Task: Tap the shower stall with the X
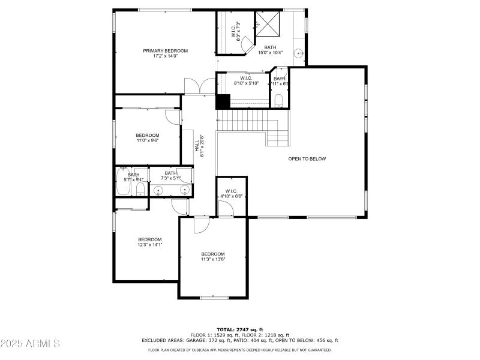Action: pos(267,25)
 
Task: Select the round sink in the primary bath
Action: pos(298,54)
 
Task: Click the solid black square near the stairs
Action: pos(223,102)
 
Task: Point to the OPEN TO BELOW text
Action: pos(307,159)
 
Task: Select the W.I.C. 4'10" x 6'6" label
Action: pos(231,193)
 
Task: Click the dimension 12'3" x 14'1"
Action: pos(150,244)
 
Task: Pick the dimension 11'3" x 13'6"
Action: pos(213,259)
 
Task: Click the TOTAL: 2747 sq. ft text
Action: pos(239,329)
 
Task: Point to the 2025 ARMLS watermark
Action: pos(30,344)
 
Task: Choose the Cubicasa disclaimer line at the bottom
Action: pos(239,350)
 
